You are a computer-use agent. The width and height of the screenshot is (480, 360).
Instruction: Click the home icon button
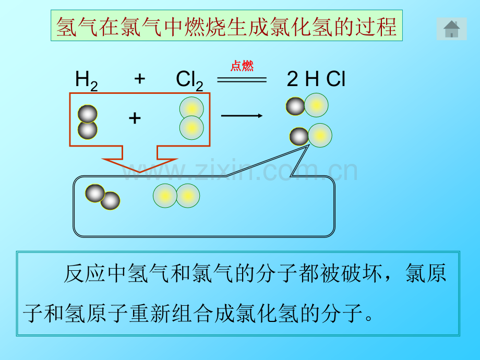451,29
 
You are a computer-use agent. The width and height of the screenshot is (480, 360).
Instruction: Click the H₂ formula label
86,81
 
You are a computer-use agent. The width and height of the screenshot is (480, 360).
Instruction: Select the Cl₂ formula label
189,81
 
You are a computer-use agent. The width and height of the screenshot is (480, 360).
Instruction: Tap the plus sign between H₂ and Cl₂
140,79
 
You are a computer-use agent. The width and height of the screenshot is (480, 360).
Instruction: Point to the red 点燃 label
242,66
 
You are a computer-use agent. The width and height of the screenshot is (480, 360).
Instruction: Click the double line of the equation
242,80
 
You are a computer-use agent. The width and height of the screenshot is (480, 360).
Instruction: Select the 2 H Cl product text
316,79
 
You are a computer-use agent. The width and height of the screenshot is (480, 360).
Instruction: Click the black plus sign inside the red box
135,118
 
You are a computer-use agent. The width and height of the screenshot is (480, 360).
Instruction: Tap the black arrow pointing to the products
242,116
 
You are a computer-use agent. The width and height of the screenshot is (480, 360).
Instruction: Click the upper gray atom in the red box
88,114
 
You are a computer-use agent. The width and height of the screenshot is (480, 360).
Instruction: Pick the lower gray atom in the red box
88,130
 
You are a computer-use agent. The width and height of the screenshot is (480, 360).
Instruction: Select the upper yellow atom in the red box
191,109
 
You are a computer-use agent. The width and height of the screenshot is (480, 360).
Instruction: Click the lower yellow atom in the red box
191,128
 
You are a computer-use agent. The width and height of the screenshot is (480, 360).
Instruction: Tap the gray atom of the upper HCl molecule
295,106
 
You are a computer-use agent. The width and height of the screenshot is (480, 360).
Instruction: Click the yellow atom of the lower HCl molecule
320,135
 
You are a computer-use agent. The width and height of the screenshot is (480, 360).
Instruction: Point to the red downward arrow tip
140,172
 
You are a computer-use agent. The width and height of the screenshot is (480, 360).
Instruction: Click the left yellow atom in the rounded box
165,196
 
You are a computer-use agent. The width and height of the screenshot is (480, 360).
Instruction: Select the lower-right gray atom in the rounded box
110,201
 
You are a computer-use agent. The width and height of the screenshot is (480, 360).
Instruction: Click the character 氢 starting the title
67,27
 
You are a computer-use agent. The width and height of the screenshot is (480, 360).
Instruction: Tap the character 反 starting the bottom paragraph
74,273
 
